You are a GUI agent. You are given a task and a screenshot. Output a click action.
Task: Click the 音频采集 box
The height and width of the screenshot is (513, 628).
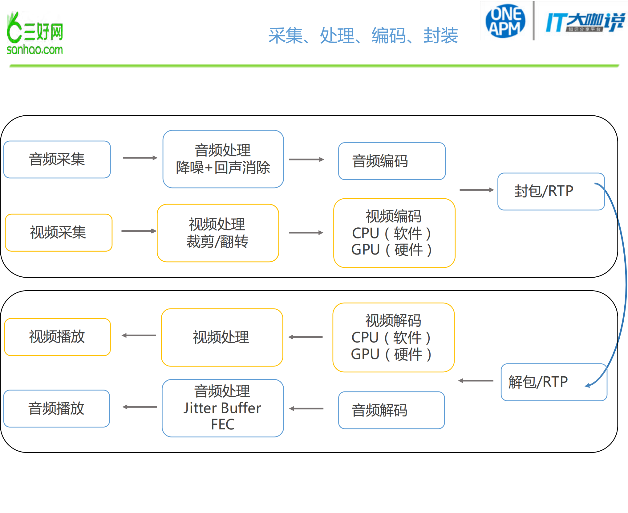tap(57, 159)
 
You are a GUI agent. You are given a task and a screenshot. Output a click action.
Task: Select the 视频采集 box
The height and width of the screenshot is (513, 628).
tap(59, 233)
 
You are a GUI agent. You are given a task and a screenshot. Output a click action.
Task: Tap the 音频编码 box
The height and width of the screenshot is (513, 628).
tap(391, 161)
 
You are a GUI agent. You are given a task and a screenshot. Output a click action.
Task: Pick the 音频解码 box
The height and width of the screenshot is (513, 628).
tap(391, 410)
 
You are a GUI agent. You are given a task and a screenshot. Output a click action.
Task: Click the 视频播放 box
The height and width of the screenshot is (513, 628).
tap(57, 337)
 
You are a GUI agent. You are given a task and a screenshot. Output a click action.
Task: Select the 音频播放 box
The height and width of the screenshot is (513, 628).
tap(57, 408)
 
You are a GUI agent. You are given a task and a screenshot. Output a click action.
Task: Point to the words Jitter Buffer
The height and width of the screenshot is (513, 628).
tap(222, 408)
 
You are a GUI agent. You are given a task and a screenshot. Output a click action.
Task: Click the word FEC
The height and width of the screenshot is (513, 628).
tap(223, 424)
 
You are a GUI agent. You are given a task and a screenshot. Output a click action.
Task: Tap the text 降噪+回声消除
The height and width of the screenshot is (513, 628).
tap(223, 168)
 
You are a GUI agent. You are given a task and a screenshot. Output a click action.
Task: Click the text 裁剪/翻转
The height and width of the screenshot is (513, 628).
tap(217, 242)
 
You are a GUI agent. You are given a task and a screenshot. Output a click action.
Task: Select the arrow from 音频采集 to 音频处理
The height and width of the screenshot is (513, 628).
tap(140, 158)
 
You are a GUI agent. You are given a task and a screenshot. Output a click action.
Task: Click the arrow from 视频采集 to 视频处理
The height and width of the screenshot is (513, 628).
tap(139, 231)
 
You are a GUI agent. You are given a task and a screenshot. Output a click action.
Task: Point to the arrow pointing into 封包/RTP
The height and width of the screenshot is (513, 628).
tap(476, 190)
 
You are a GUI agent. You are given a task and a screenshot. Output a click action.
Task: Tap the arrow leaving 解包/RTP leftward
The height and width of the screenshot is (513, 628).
tap(476, 381)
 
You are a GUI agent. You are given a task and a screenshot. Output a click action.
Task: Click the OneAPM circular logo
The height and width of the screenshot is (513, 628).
tap(505, 21)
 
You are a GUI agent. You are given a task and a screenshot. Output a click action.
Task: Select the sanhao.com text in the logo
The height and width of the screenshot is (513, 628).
tap(35, 50)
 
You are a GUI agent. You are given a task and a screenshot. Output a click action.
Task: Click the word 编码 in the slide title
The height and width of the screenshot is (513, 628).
tap(389, 35)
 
